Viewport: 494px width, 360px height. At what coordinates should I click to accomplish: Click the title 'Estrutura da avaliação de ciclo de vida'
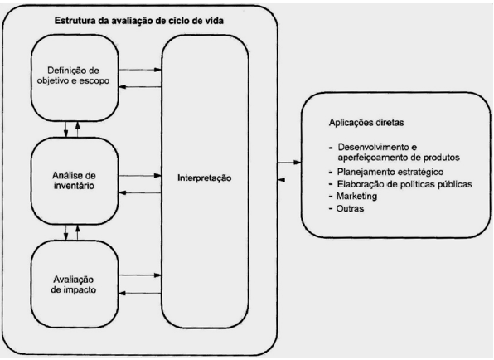tap(139, 21)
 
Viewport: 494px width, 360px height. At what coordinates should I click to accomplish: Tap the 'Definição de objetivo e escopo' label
tap(74, 75)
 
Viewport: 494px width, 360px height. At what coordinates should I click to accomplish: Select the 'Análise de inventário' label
tap(74, 181)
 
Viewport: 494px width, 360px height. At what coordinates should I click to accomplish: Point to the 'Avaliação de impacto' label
tap(74, 285)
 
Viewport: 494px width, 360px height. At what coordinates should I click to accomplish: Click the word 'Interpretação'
tap(205, 178)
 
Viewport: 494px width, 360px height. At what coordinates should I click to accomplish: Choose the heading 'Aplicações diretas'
tap(366, 122)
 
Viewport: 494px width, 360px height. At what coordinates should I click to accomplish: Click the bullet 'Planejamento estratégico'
tap(390, 172)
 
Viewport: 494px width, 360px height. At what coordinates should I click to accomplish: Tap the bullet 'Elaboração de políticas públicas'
tap(404, 184)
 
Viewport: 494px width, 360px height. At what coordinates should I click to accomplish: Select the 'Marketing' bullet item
tap(356, 196)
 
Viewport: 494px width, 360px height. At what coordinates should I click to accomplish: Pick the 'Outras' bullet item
tap(350, 208)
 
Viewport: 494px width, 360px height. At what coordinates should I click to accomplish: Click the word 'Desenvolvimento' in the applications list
tap(373, 147)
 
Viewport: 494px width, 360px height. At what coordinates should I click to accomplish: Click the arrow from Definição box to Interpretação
tap(140, 70)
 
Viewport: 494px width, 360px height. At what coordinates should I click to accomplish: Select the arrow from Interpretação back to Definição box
tap(140, 87)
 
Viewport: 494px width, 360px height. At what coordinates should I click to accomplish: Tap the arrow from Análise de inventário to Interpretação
tap(140, 176)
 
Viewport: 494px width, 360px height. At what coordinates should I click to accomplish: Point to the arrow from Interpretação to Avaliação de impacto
tap(140, 293)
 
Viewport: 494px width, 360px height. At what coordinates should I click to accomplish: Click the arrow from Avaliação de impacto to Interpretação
tap(140, 275)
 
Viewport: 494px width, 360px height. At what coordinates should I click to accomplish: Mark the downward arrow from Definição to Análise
tap(65, 129)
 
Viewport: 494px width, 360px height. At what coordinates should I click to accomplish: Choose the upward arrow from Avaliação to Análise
tap(78, 232)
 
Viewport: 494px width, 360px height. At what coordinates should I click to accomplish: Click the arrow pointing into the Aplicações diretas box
tap(289, 163)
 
